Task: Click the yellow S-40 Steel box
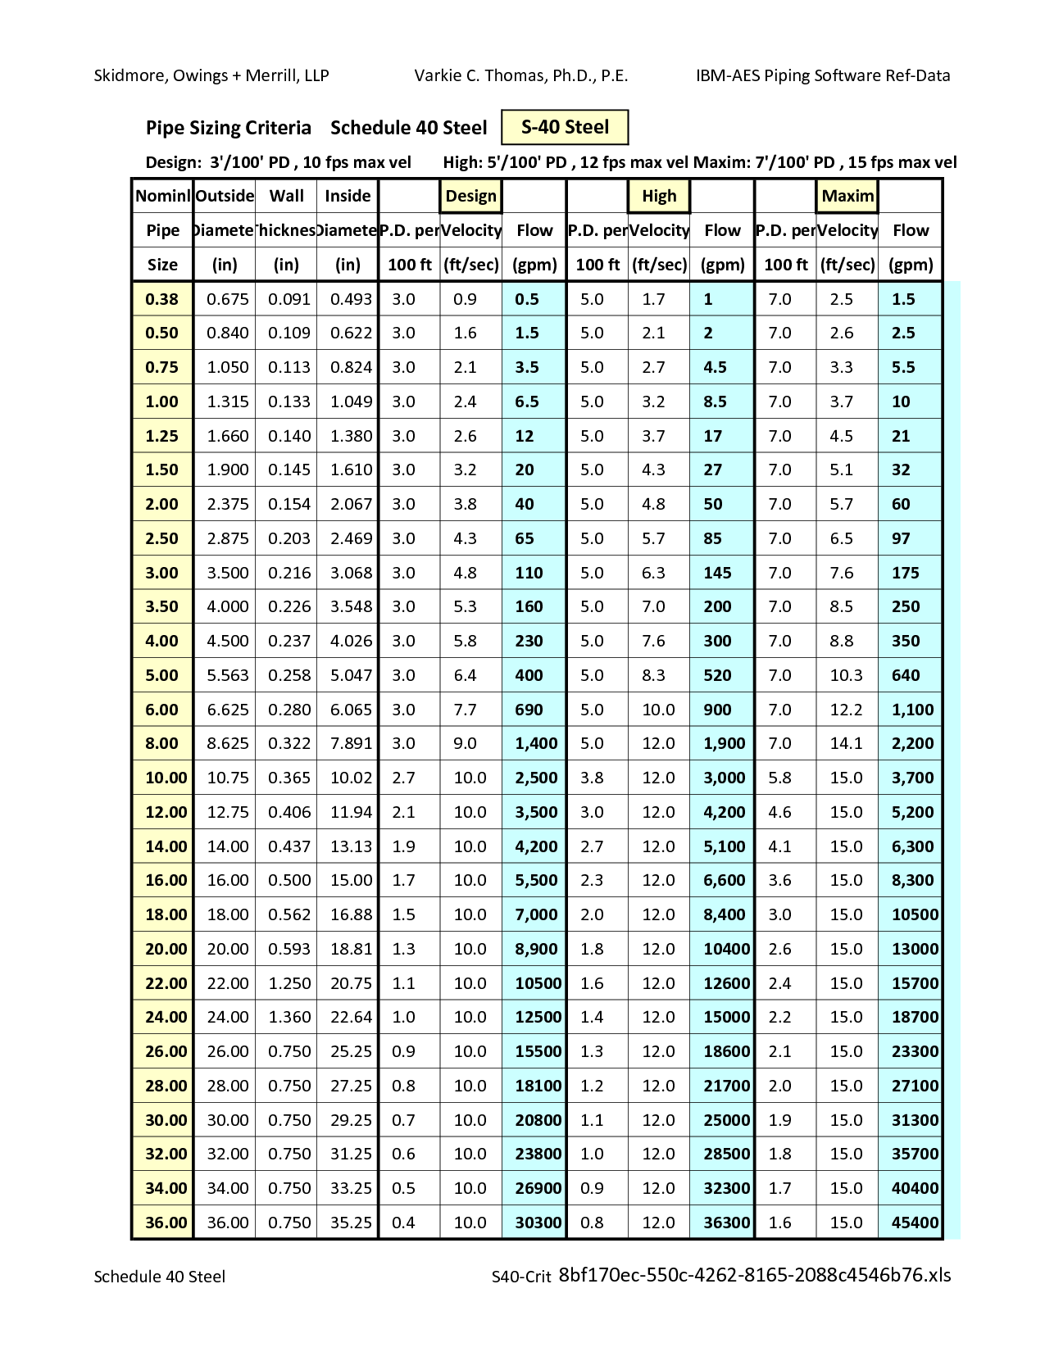click(x=565, y=128)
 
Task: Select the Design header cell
click(x=470, y=196)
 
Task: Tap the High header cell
click(x=659, y=196)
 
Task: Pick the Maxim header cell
click(x=847, y=196)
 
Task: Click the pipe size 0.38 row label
click(x=162, y=299)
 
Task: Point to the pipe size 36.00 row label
click(x=166, y=1223)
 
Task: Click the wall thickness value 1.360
click(x=289, y=1017)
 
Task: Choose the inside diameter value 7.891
click(x=351, y=743)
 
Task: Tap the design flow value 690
click(x=529, y=710)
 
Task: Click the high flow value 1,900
click(x=725, y=743)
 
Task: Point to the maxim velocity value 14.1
click(x=846, y=743)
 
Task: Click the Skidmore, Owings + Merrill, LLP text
click(x=211, y=76)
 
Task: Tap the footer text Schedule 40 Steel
click(x=160, y=1276)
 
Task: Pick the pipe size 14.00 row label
click(x=166, y=846)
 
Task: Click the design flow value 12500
click(x=538, y=1017)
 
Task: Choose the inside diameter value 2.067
click(x=351, y=504)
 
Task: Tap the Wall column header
click(x=286, y=196)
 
